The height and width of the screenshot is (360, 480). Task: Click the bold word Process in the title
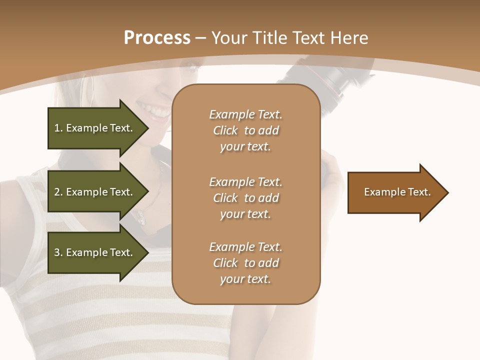(157, 38)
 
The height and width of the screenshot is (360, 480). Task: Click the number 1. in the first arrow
(58, 128)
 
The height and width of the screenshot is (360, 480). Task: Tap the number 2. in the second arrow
(58, 192)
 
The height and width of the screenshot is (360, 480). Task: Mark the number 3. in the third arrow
(58, 252)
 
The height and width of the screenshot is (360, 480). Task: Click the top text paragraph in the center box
(245, 130)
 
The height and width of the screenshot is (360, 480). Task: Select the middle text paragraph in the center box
(245, 198)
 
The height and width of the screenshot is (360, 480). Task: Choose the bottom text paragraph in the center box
(245, 263)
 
